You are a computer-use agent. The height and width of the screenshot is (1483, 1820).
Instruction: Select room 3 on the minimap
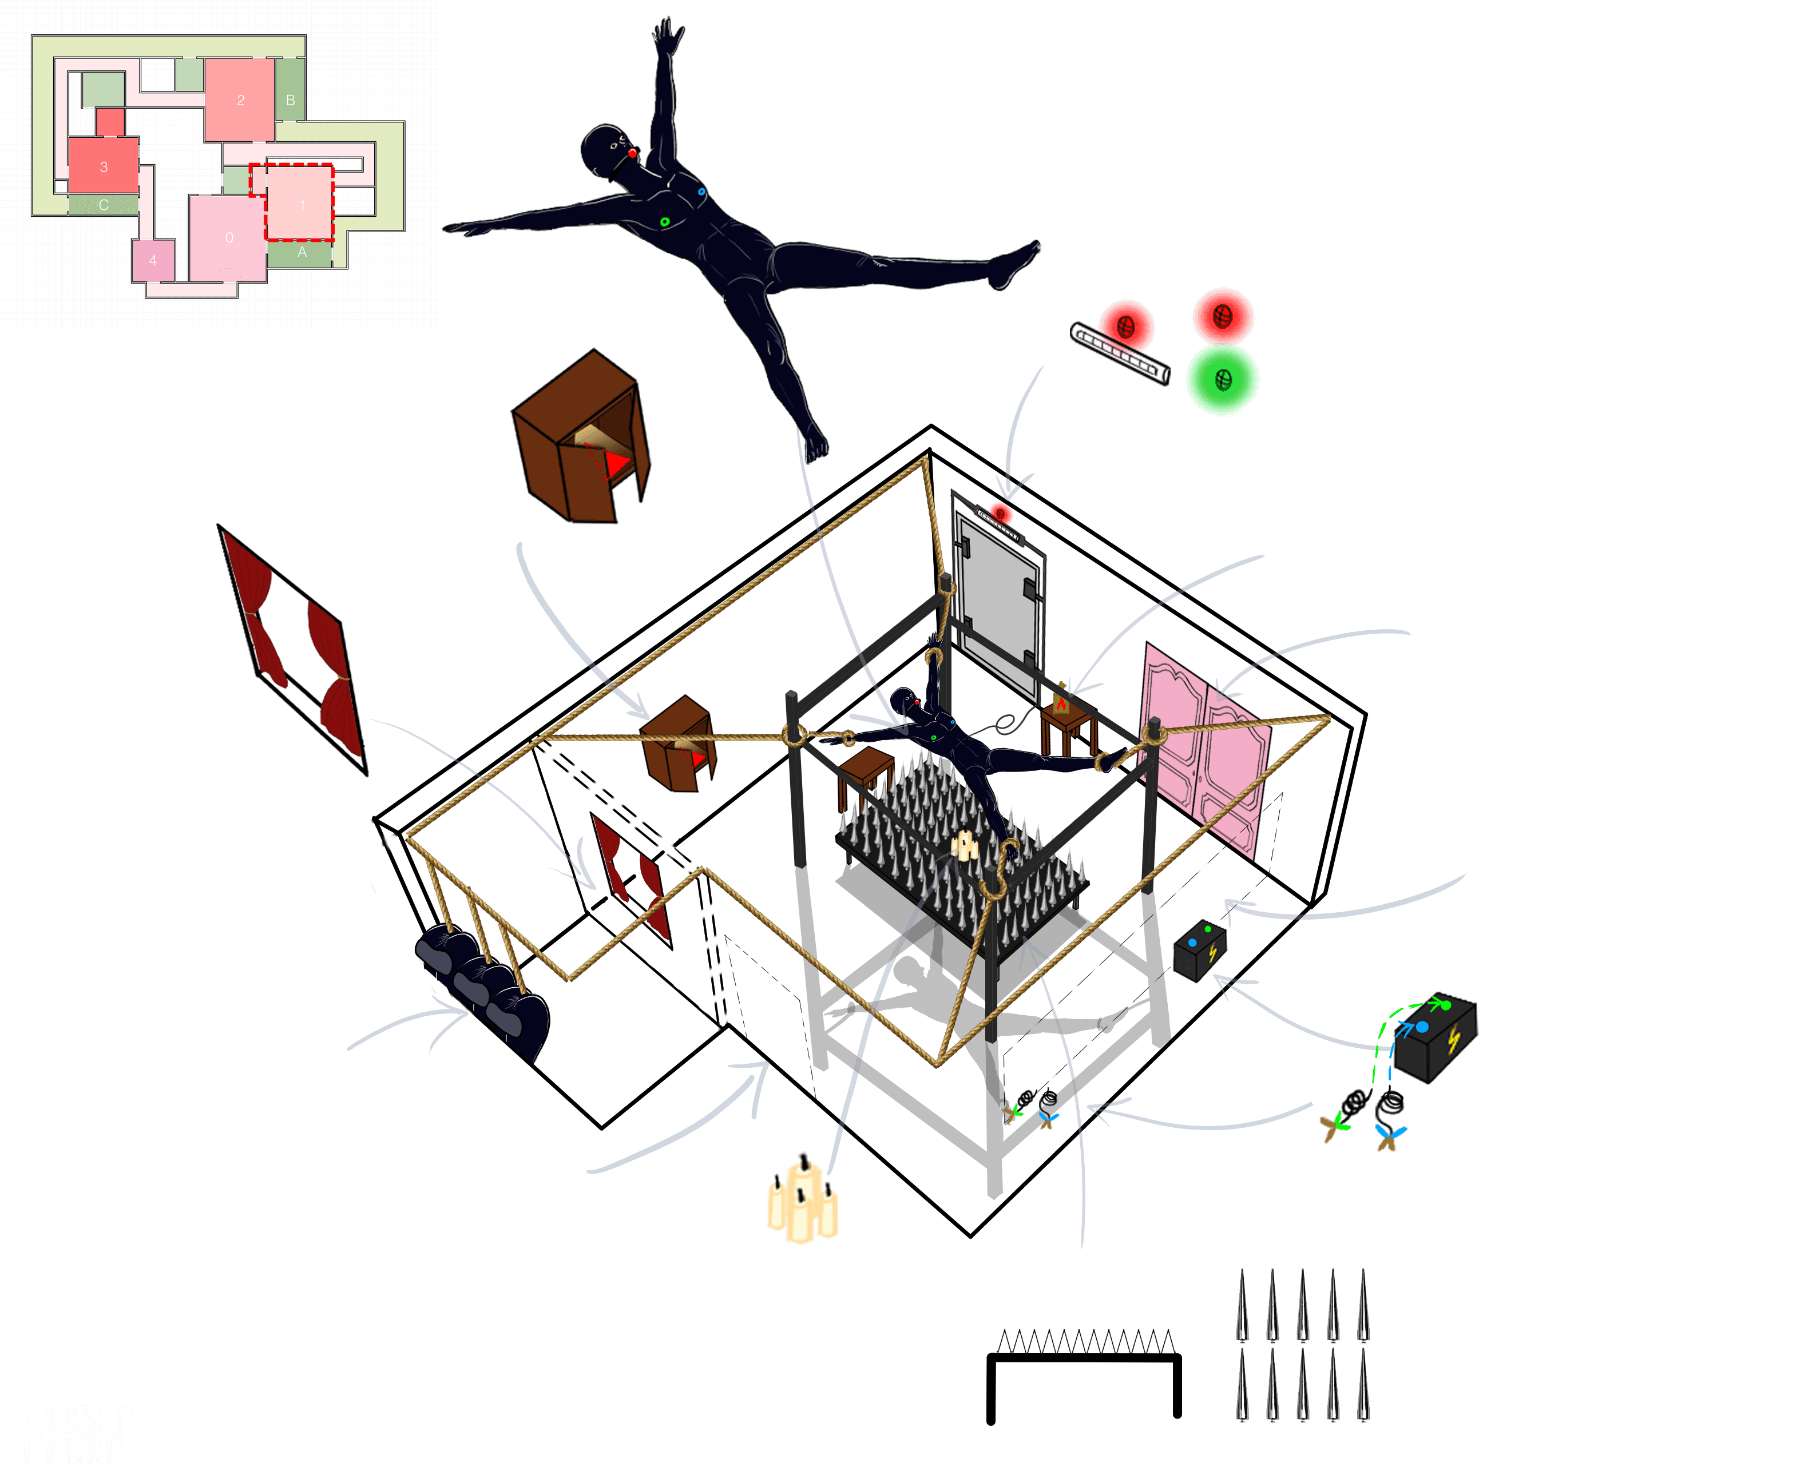click(104, 166)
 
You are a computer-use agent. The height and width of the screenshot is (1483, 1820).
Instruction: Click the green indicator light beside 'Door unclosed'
click(1222, 380)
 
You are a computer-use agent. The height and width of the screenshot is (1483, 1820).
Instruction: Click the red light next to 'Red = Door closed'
click(1223, 316)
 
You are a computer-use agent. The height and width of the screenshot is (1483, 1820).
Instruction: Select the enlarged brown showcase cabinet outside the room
click(581, 436)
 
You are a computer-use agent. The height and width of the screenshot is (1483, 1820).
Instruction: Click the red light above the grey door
click(1000, 514)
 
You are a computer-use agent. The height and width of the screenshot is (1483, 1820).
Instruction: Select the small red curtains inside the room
click(632, 876)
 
